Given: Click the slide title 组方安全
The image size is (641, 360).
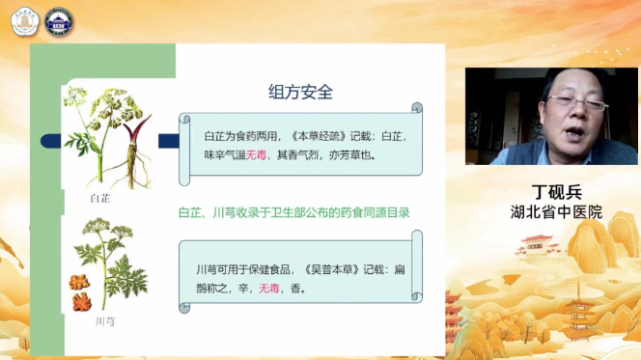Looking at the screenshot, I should coord(300,93).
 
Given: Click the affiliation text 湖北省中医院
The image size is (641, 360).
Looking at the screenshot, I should coord(555,211).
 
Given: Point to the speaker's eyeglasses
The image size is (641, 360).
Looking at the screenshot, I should coord(575,98).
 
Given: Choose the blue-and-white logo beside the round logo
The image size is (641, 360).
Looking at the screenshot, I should coord(60,22).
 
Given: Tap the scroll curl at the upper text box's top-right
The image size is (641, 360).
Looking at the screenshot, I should coord(416,107).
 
